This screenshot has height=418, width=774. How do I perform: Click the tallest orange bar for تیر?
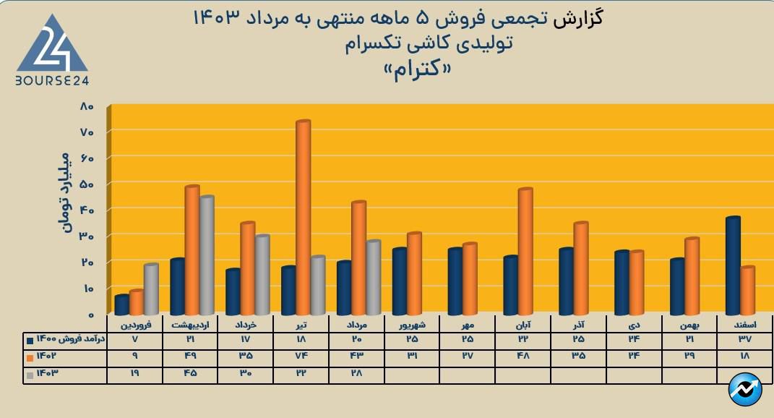click(303, 217)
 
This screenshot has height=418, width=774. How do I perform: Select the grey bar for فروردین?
click(150, 289)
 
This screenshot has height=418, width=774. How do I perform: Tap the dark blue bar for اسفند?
click(733, 265)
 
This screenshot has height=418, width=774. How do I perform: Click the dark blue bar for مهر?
click(455, 281)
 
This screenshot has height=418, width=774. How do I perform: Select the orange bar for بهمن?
click(692, 276)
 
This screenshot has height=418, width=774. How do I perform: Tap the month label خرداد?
click(246, 325)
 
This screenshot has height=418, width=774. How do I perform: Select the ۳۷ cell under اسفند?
click(744, 339)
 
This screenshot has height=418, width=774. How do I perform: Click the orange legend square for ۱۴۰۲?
click(30, 357)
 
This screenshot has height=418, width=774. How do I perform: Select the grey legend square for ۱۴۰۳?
click(30, 374)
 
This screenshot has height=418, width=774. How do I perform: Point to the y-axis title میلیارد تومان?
click(64, 191)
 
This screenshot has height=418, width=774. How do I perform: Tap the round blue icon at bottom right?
click(745, 390)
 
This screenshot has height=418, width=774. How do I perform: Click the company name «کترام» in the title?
click(418, 69)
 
